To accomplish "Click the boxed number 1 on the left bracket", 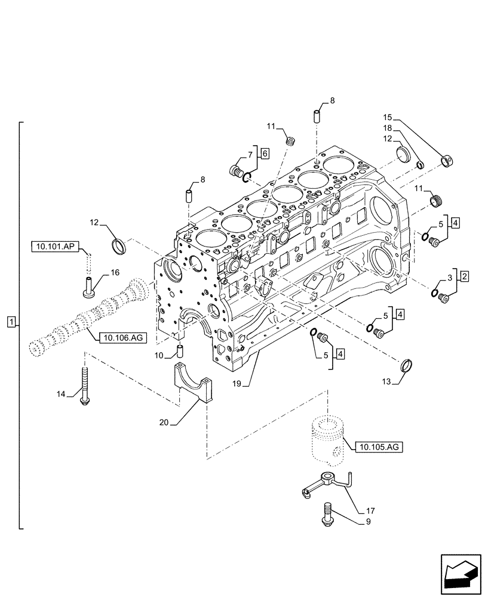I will click(10, 323).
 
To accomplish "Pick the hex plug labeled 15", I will click(446, 160).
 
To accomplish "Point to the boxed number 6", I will click(265, 153).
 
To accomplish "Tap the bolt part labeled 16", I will click(88, 287).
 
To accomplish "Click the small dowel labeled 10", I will click(179, 350).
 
